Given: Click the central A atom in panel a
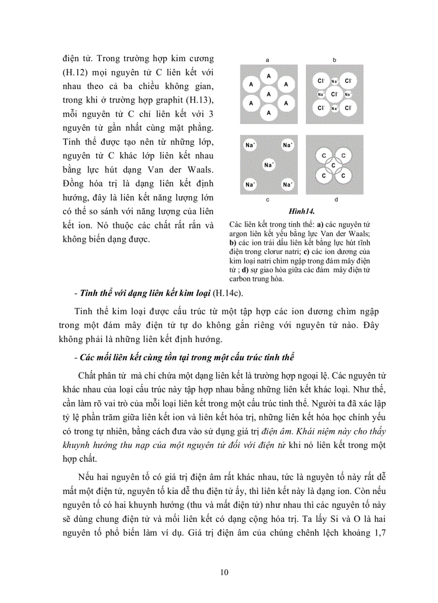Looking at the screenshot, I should point(268,94).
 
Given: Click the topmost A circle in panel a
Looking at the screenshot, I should point(268,76).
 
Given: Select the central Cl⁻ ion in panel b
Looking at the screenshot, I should point(334,94).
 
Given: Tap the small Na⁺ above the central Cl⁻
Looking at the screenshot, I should point(334,82).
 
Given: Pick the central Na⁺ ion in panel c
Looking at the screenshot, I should point(268,164).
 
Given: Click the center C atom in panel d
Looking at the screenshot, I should point(333,165).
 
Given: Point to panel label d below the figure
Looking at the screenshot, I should point(335,200).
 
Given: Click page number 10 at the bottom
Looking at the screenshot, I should point(224,572).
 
